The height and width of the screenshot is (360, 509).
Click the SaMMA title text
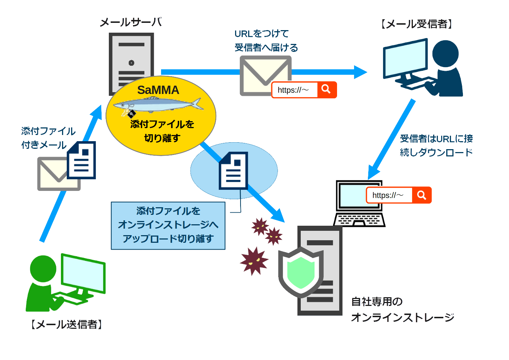coord(158,90)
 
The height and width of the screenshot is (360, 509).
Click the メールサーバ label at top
coord(131,22)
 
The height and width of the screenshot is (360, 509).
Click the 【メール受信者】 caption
coord(416,24)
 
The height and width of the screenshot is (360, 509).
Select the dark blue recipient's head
coord(445,54)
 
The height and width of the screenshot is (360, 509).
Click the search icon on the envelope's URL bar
coord(327,89)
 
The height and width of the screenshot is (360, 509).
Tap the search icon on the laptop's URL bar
coord(422,195)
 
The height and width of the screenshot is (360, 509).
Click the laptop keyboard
coord(359,220)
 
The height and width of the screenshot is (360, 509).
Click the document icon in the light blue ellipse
coord(233,171)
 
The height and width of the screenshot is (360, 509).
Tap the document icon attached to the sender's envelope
coord(81,160)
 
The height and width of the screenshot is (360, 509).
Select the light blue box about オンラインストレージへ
coord(168,225)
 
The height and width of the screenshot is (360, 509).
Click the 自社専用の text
coord(377,302)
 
